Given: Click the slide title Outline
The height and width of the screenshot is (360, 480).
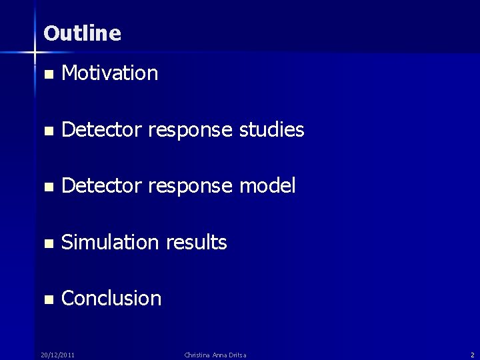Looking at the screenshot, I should (x=83, y=33).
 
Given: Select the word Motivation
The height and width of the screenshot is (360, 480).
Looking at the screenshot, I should (x=109, y=73).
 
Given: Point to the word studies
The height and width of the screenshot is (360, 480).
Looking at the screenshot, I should (x=271, y=130).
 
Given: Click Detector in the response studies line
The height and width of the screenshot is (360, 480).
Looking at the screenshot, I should (x=101, y=130).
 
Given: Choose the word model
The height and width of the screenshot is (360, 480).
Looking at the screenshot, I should (x=267, y=186).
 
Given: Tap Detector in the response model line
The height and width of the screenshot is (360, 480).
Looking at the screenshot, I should (x=101, y=186).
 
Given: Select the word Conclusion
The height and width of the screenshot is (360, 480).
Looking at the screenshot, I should (x=111, y=298).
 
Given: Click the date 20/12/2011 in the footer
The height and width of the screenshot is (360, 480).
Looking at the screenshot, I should (x=57, y=355).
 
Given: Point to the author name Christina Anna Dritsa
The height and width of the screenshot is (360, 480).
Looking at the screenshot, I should (x=215, y=355).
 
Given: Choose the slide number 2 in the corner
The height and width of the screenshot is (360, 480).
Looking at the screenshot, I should (x=472, y=355).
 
